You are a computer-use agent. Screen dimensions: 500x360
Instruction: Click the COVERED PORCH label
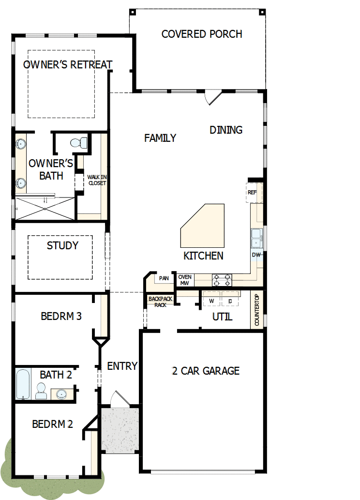(202, 34)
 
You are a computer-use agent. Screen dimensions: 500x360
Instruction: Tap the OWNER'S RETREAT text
(68, 65)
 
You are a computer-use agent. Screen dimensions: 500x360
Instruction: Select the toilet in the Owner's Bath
(78, 142)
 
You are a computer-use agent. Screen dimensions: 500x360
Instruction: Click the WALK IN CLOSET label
(97, 180)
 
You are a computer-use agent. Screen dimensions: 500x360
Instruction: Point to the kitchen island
(203, 225)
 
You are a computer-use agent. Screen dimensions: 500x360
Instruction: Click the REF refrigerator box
(252, 192)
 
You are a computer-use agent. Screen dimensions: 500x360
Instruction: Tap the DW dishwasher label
(256, 255)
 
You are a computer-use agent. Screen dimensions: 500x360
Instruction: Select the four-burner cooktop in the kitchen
(222, 280)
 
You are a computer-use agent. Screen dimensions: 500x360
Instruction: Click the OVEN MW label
(184, 280)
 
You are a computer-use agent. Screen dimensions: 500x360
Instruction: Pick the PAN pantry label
(164, 278)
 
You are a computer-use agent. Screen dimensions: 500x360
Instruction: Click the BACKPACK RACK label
(160, 302)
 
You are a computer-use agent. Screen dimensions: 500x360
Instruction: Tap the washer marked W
(211, 301)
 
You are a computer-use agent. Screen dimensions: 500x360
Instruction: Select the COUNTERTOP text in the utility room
(257, 310)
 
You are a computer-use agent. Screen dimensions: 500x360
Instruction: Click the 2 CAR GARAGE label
(206, 371)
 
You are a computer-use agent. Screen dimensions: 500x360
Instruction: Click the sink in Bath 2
(62, 394)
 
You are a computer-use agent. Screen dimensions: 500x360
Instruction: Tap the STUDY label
(62, 245)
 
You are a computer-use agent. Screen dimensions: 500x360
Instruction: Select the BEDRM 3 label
(61, 316)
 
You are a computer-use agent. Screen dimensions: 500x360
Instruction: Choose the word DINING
(226, 130)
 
